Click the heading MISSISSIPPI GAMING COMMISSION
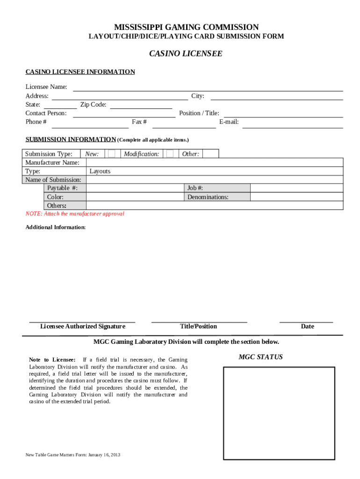(186, 28)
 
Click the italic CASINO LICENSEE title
(186, 54)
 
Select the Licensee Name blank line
(208, 88)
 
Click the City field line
(277, 97)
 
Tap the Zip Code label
(93, 105)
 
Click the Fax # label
(139, 122)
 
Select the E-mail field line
(292, 124)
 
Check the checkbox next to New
(112, 154)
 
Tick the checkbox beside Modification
(170, 154)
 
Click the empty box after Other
(210, 154)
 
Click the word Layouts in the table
(100, 171)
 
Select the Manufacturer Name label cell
(52, 163)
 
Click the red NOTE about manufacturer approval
(75, 214)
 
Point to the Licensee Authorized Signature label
(83, 327)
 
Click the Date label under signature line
(307, 327)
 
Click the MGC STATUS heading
(260, 357)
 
